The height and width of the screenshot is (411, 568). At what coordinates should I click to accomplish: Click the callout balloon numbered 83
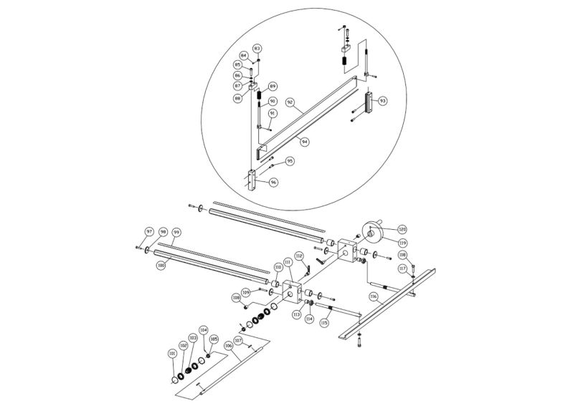tap(257, 48)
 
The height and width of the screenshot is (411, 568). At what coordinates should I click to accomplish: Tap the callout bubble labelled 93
tap(382, 101)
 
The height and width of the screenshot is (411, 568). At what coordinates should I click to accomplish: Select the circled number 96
tap(272, 183)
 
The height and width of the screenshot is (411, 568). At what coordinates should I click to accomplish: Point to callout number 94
tap(305, 142)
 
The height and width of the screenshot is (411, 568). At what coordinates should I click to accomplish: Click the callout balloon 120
tap(402, 229)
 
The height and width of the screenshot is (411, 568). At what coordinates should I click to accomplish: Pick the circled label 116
tap(374, 295)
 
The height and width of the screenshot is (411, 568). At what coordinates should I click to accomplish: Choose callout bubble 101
tap(172, 353)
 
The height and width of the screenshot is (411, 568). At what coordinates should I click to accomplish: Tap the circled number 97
tap(150, 232)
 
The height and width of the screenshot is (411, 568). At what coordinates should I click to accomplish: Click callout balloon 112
tap(299, 256)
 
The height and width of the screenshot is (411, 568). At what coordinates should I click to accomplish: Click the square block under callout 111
tap(294, 291)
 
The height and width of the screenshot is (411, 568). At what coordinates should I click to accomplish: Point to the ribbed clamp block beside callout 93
tap(369, 104)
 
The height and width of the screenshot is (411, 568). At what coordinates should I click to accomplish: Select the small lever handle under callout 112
tap(308, 270)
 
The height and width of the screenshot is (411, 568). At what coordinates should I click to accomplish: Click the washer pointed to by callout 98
tap(147, 251)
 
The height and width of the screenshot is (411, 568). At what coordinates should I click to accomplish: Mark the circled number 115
tap(324, 323)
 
